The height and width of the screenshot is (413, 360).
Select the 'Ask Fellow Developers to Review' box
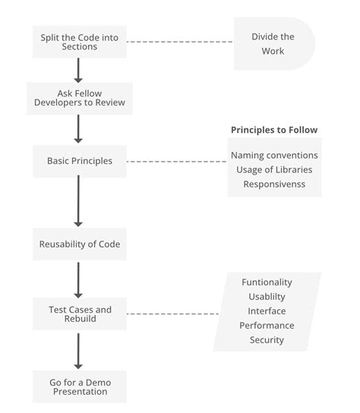click(79, 98)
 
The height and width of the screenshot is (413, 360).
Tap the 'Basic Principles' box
click(79, 161)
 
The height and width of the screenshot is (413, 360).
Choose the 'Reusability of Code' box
click(79, 244)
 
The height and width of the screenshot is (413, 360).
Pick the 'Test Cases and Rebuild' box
click(79, 314)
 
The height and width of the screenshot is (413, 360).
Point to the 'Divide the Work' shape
click(273, 43)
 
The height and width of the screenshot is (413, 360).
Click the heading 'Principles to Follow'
click(274, 130)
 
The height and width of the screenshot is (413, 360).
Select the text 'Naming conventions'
click(274, 155)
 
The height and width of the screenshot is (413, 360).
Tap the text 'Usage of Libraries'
click(274, 169)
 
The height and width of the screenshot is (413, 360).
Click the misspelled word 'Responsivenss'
click(274, 184)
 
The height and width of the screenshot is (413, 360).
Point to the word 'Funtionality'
click(267, 282)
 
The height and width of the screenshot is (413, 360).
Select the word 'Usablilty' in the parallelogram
click(267, 296)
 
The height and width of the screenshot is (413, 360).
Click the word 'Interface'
click(267, 311)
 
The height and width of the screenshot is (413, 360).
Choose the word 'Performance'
click(267, 325)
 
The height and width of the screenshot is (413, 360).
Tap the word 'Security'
click(267, 339)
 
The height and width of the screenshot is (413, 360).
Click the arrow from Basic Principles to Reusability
click(77, 201)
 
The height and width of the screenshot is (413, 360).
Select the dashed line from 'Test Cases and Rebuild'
click(173, 314)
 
